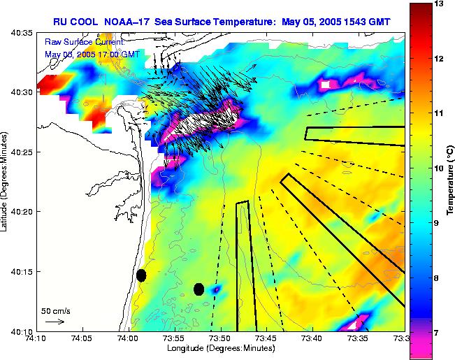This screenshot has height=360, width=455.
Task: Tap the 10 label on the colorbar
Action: click(440, 168)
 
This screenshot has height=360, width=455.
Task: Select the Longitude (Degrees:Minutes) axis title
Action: click(219, 349)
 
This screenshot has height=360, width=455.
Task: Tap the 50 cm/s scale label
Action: click(55, 310)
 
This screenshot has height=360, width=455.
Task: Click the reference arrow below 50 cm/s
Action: click(55, 322)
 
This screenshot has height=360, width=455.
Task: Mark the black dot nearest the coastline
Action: click(141, 275)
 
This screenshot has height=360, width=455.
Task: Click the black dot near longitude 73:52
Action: click(198, 289)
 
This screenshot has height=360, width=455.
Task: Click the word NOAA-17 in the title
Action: click(131, 21)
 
